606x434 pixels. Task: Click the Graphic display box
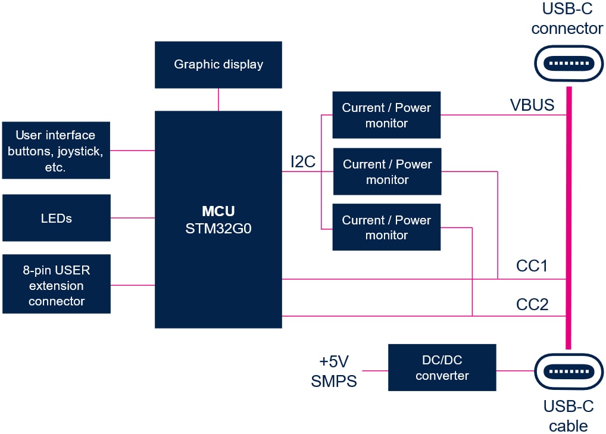click(x=218, y=64)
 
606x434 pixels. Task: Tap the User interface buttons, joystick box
click(x=56, y=151)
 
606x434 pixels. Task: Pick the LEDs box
click(x=56, y=218)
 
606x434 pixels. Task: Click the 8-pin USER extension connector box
click(x=56, y=285)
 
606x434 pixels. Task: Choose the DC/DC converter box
click(x=442, y=367)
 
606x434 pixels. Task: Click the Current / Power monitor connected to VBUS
click(x=386, y=115)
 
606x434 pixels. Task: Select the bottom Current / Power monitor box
click(x=386, y=227)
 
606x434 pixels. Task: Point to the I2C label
click(x=302, y=162)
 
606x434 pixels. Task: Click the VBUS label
click(x=532, y=105)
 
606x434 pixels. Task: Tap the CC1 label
click(x=532, y=266)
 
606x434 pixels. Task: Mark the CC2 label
click(x=532, y=305)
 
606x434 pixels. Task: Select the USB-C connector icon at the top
click(x=568, y=63)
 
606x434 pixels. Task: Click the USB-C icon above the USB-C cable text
click(x=568, y=371)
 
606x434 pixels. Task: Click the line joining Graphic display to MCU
click(x=218, y=99)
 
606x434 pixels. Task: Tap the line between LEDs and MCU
click(x=132, y=218)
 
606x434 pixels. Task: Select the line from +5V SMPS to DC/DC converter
click(x=375, y=371)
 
